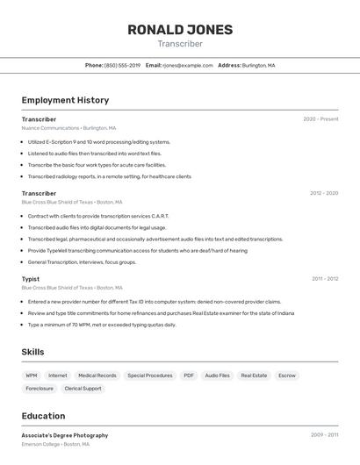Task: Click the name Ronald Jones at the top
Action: coord(180,30)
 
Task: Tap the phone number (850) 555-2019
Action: coord(122,66)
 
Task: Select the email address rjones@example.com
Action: coord(188,66)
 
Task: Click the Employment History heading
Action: coord(65,100)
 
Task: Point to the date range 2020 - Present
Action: coord(320,119)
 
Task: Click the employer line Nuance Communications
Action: coord(68,128)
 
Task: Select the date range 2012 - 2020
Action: coord(324,193)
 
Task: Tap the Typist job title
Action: coord(31,279)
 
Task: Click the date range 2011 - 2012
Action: coord(325,279)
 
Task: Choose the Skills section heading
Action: coord(33,352)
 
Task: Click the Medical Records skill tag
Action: coord(97,376)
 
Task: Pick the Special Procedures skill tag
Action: coord(149,376)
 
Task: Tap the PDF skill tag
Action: coord(189,376)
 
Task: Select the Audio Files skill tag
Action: coord(218,376)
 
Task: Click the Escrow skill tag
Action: coord(287,376)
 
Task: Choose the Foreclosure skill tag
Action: coord(40,389)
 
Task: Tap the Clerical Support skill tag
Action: coord(83,389)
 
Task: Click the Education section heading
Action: coord(43,416)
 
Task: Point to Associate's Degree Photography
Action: coord(65,435)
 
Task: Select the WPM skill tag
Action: coord(32,376)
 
